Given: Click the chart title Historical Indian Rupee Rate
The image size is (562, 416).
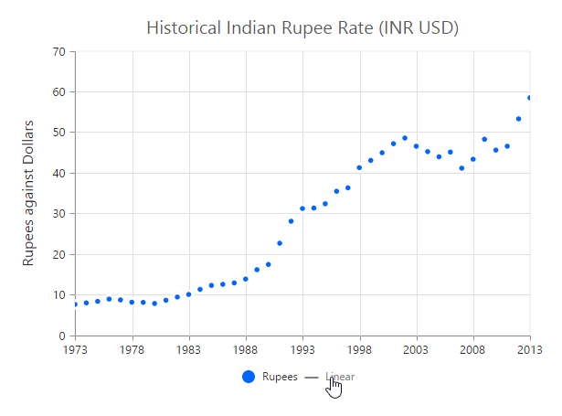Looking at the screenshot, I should (x=302, y=28).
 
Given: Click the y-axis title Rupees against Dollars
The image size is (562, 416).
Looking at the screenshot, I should (x=28, y=193).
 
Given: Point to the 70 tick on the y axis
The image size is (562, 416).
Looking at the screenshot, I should (x=59, y=52).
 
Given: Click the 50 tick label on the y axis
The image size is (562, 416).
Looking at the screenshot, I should (x=59, y=133).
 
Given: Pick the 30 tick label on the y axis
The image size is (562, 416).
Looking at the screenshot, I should (x=59, y=214).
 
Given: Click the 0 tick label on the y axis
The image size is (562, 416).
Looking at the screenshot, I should (x=62, y=336).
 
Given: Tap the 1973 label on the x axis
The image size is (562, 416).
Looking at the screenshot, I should (x=76, y=349).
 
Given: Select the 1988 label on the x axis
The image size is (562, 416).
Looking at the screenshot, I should (x=246, y=349).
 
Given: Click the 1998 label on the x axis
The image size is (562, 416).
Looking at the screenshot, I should (x=359, y=349).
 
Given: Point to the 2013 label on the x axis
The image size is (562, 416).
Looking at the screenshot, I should (x=530, y=349).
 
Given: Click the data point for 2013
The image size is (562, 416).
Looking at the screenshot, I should (x=530, y=98).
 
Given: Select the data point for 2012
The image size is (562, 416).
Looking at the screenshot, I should (x=518, y=119).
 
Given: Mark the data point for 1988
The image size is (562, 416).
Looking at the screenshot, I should (x=246, y=279).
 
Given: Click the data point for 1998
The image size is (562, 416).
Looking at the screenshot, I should (x=359, y=167).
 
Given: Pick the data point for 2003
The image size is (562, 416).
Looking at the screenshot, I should (x=416, y=146).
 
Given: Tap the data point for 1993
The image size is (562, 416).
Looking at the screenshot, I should (x=302, y=208).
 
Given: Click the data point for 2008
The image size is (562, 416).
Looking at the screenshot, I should (x=472, y=159).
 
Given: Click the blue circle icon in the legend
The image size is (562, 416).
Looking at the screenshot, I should (x=248, y=377).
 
